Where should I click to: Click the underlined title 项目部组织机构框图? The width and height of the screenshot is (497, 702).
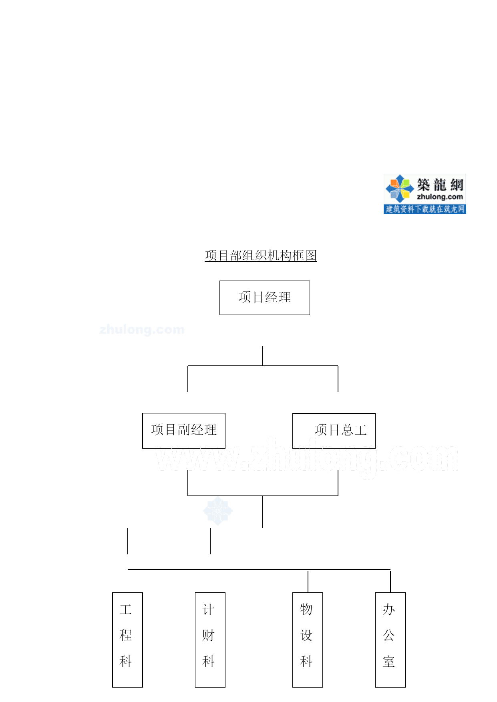[x=261, y=255]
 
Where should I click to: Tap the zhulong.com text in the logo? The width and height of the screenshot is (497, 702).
[x=440, y=197]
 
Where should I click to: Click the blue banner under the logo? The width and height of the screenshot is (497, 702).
[x=425, y=209]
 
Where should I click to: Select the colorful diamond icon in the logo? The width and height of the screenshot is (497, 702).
[x=399, y=188]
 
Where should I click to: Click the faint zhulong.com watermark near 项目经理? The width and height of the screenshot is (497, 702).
[x=142, y=330]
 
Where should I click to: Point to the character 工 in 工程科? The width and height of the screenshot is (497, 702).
[x=125, y=610]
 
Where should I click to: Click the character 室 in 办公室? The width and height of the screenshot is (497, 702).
[x=388, y=661]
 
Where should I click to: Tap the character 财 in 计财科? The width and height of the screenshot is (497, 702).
[x=208, y=635]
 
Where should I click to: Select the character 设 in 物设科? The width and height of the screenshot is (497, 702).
[x=306, y=635]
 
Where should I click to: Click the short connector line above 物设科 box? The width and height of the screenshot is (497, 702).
[x=308, y=582]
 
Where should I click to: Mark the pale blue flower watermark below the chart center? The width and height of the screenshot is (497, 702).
[x=218, y=511]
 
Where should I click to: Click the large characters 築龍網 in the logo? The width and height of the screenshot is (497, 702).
[x=440, y=185]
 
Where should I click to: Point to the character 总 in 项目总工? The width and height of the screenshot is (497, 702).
[x=347, y=430]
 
